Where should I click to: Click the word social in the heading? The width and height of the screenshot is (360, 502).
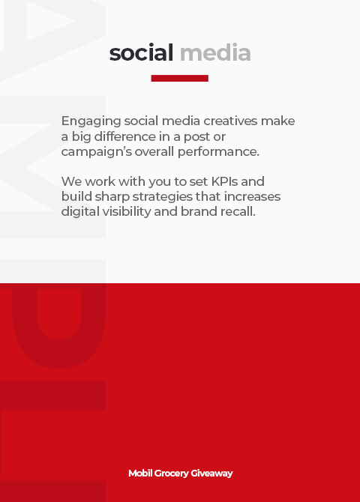141,52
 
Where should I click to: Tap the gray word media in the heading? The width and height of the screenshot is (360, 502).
215,52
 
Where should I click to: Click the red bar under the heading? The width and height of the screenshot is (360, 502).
179,78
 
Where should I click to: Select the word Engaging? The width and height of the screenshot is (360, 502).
91,121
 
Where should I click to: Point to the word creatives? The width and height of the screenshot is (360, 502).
230,121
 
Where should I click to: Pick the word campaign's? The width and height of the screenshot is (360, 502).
97,152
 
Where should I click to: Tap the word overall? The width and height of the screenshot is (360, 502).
154,151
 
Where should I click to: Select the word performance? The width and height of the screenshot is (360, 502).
218,152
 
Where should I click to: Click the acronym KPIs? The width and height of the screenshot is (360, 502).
225,181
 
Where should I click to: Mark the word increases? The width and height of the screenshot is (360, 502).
252,196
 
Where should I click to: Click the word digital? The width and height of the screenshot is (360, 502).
80,212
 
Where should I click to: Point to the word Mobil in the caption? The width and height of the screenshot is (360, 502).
140,474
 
